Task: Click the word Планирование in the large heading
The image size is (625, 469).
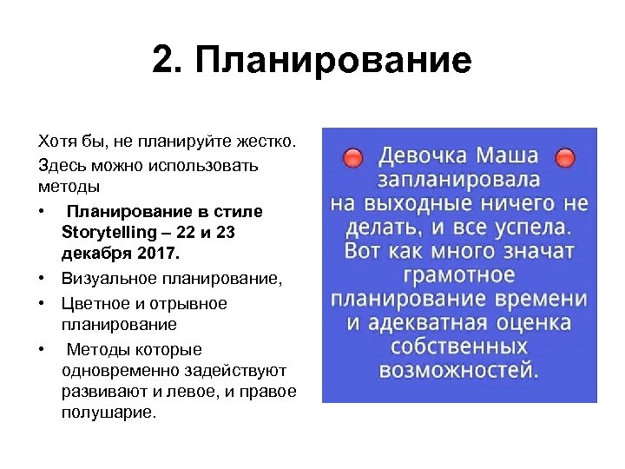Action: [333, 61]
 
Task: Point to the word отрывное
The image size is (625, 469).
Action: [182, 303]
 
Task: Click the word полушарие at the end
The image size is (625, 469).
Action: [108, 413]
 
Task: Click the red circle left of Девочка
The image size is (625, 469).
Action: [352, 158]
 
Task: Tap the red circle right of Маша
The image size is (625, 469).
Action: [565, 158]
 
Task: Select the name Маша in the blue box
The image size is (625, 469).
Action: [506, 156]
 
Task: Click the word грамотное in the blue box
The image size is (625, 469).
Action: [459, 276]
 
